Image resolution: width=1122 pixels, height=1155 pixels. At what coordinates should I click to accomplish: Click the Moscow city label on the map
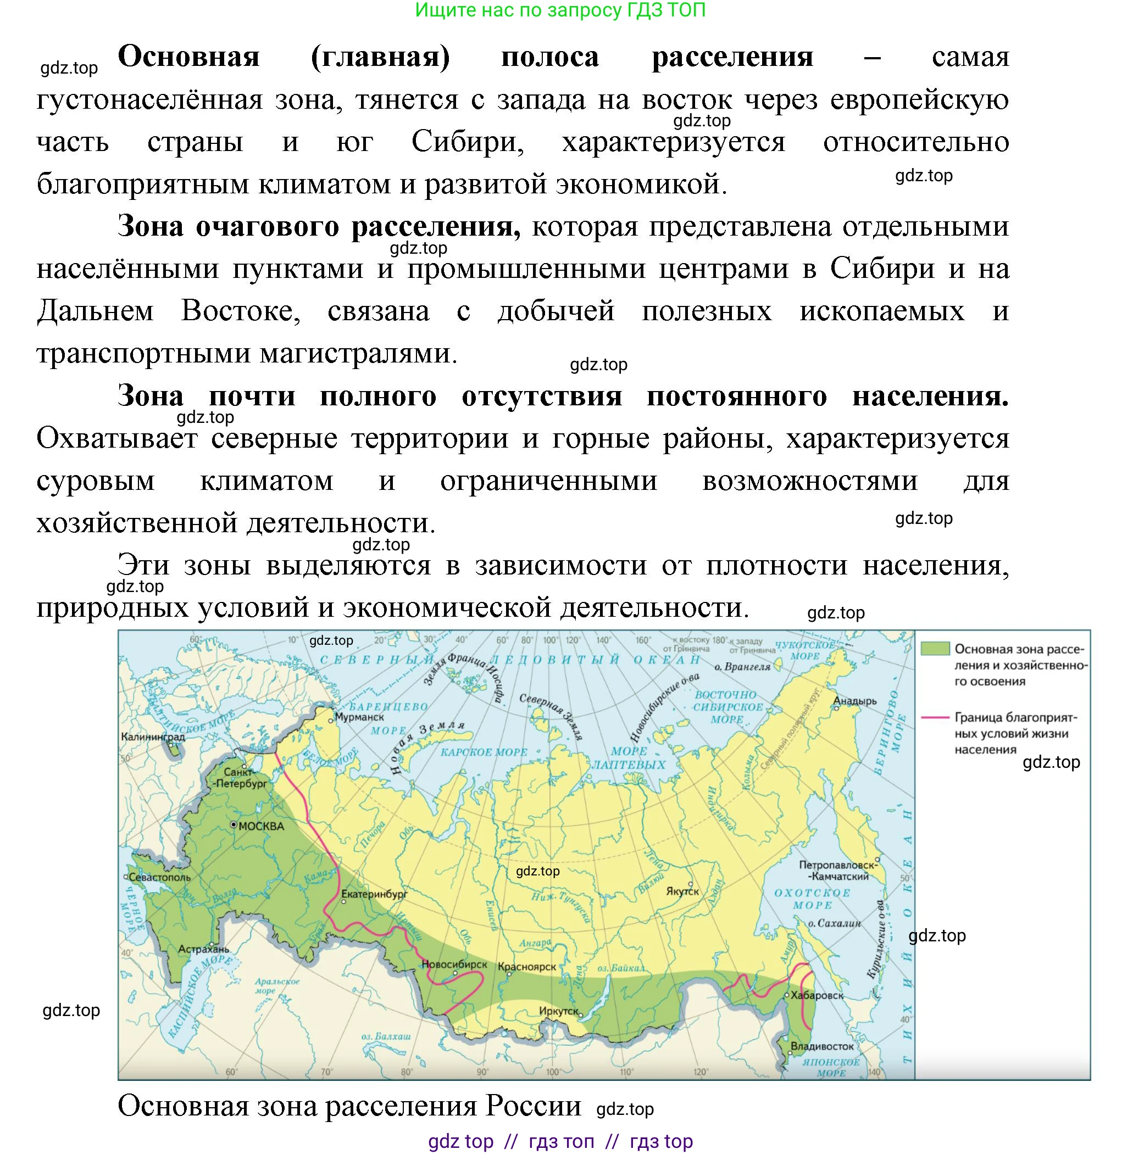pyautogui.click(x=261, y=826)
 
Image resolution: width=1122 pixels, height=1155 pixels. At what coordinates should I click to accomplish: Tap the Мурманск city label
pyautogui.click(x=359, y=717)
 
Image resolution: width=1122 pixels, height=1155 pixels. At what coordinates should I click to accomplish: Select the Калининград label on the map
pyautogui.click(x=153, y=736)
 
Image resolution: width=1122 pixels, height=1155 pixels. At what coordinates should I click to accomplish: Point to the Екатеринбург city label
pyautogui.click(x=374, y=894)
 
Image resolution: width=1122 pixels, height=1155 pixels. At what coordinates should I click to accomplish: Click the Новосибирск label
pyautogui.click(x=454, y=964)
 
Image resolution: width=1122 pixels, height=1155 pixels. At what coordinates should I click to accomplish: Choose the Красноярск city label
pyautogui.click(x=527, y=967)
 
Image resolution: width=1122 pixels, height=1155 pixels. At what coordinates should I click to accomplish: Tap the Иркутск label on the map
pyautogui.click(x=558, y=1011)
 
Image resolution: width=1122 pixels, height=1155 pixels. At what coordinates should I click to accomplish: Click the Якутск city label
pyautogui.click(x=682, y=891)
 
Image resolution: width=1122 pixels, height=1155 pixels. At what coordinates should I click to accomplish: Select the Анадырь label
pyautogui.click(x=855, y=701)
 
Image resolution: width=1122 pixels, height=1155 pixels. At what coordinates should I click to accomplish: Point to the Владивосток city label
pyautogui.click(x=822, y=1047)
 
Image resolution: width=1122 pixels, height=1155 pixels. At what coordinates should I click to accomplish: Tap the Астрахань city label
pyautogui.click(x=204, y=950)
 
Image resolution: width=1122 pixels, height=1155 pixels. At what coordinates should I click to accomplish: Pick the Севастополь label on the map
pyautogui.click(x=160, y=878)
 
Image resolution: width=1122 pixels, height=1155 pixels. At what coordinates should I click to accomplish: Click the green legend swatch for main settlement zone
pyautogui.click(x=935, y=649)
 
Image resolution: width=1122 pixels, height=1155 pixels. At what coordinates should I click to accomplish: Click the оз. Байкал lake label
pyautogui.click(x=621, y=968)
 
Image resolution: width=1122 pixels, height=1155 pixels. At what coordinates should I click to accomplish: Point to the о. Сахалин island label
pyautogui.click(x=835, y=923)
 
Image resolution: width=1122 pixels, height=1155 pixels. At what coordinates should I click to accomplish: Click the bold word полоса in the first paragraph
pyautogui.click(x=549, y=57)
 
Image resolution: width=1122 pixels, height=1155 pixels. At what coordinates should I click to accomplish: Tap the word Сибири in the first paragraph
pyautogui.click(x=468, y=142)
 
